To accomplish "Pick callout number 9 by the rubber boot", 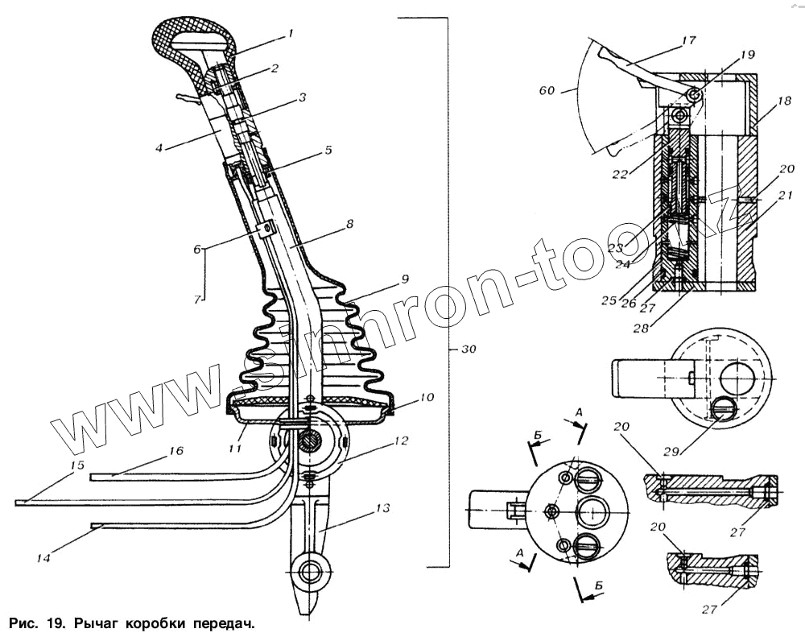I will point(404,278).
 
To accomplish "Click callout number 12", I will point(400,441).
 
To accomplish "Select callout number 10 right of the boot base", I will point(426,396).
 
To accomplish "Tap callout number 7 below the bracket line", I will point(197,300).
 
